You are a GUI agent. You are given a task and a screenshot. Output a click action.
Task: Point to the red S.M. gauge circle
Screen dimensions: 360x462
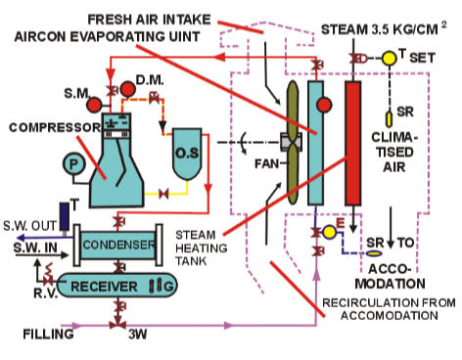coord(95,103)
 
